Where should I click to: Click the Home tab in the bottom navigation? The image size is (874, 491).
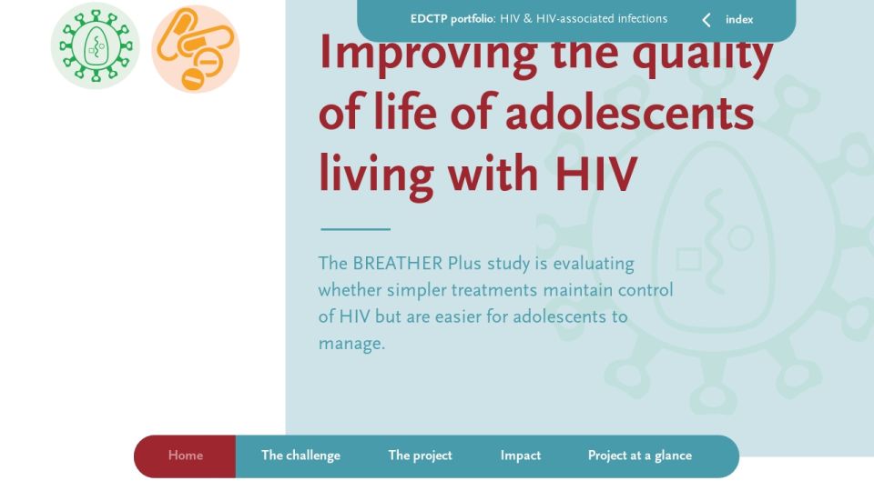click(185, 456)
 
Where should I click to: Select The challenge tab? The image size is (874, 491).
click(300, 456)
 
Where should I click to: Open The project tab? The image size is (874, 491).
click(421, 456)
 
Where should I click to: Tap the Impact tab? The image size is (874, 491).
click(521, 456)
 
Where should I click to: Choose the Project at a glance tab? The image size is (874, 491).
click(640, 456)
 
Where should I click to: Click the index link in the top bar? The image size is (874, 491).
click(739, 19)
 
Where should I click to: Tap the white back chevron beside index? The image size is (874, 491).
click(706, 20)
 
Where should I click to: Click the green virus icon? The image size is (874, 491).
click(96, 45)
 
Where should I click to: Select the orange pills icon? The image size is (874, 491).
click(196, 48)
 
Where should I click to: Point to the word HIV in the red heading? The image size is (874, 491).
click(595, 174)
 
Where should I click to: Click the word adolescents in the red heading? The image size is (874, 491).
click(629, 113)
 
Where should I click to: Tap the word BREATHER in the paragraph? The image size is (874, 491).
click(398, 264)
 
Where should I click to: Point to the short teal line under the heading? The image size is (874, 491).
click(356, 229)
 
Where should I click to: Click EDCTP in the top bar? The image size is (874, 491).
click(429, 19)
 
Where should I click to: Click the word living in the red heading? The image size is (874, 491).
click(376, 174)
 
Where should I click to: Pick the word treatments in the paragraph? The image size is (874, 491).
click(494, 290)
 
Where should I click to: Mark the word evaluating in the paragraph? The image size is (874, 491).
click(594, 264)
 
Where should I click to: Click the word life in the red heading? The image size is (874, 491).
click(405, 112)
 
